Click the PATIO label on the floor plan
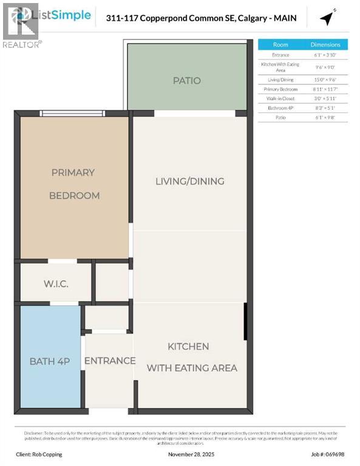(186, 80)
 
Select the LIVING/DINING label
(189, 181)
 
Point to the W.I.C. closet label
(56, 283)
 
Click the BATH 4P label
(50, 361)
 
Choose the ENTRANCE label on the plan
(109, 360)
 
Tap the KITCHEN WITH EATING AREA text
(192, 357)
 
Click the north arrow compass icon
(327, 19)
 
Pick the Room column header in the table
(280, 44)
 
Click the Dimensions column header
(325, 44)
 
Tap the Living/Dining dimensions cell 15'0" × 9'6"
(325, 79)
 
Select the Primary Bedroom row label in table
(280, 89)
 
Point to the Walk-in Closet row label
(280, 98)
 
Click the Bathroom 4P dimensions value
(325, 108)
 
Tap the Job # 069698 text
(327, 454)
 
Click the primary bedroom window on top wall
(72, 113)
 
